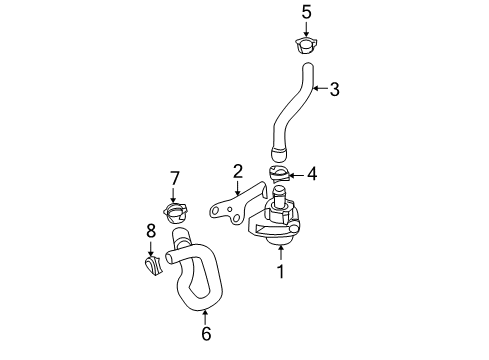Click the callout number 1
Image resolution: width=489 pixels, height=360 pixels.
[281, 271]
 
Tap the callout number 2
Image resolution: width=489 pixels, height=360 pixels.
[238, 171]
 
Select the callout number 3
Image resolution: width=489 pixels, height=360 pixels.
[334, 89]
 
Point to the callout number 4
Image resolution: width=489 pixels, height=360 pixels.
[312, 174]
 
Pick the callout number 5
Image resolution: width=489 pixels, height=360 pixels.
[306, 12]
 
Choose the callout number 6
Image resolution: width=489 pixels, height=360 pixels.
[206, 333]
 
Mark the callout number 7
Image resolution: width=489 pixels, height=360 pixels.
[175, 179]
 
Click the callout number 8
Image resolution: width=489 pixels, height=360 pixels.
[151, 231]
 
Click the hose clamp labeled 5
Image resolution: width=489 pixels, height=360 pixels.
[306, 45]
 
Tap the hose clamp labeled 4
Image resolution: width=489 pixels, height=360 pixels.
[279, 174]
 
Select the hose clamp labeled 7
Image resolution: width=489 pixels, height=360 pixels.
[175, 213]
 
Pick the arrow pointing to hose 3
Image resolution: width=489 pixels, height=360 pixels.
[320, 88]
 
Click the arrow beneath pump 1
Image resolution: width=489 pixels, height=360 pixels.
[281, 252]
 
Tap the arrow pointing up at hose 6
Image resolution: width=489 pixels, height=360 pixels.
[205, 317]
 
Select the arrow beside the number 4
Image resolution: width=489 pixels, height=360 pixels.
[296, 175]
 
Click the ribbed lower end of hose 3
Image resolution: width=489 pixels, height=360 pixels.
[279, 153]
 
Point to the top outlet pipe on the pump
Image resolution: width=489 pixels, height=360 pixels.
[279, 197]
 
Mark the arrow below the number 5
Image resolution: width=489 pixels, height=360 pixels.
[306, 29]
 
